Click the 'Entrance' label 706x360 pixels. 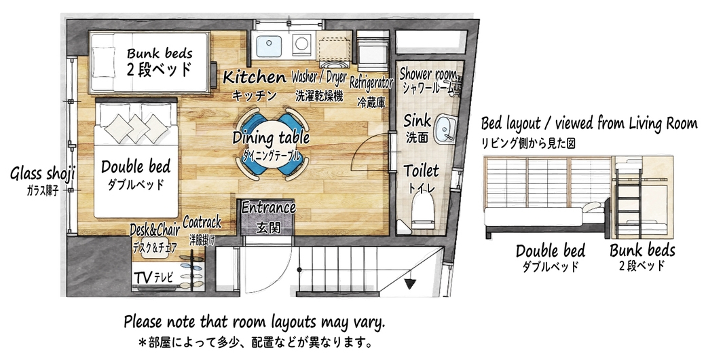point(269,208)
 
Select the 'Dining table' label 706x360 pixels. point(271,138)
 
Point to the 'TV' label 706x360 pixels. point(143,276)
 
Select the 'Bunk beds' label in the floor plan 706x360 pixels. point(160,53)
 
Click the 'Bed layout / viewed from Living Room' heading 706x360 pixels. point(589,124)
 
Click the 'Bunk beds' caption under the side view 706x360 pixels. point(642,250)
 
